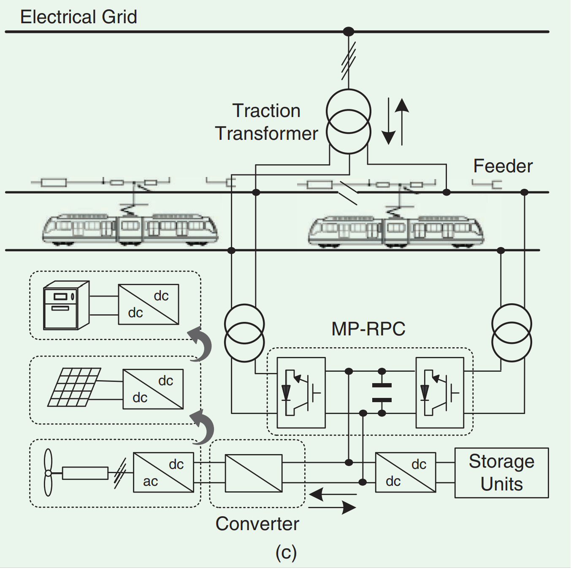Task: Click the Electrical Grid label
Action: tap(78, 17)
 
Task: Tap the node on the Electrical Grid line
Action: tap(349, 32)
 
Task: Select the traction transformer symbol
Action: tap(349, 122)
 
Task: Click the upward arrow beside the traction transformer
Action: tap(402, 120)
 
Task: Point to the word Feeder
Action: tap(503, 166)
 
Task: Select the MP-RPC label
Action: tap(368, 329)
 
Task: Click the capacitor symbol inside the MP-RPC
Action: tap(382, 392)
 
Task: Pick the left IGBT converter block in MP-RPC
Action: tap(301, 392)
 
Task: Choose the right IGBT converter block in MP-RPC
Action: tap(440, 392)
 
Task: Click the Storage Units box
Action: tap(501, 473)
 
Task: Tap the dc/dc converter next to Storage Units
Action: tap(406, 472)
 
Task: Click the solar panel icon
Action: tap(74, 387)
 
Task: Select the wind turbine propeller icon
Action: tap(48, 472)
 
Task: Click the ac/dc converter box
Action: tap(163, 472)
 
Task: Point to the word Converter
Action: tap(257, 524)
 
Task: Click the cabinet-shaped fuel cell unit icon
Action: tap(66, 305)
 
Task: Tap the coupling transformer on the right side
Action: tap(511, 333)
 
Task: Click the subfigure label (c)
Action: tap(286, 552)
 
